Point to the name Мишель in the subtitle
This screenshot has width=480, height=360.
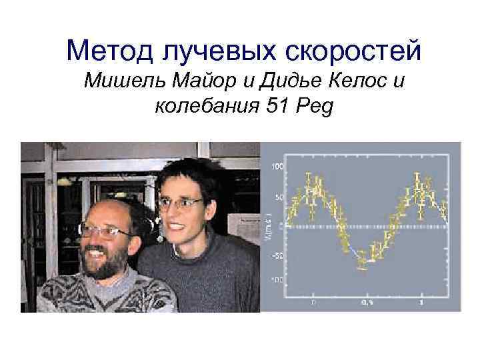point(121,83)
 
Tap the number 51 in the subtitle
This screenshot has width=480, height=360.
point(275,106)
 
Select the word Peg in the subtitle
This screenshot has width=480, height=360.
point(311,106)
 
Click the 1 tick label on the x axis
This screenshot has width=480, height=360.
point(421,303)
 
